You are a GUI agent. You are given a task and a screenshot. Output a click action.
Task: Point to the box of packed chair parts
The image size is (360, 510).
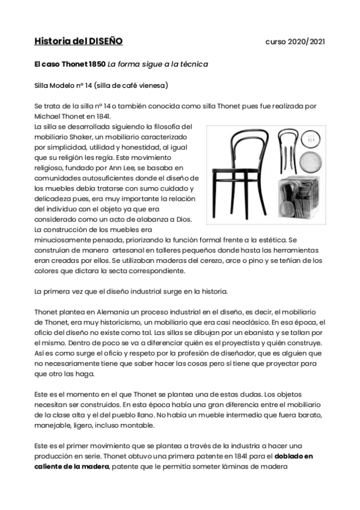point(298,201)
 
